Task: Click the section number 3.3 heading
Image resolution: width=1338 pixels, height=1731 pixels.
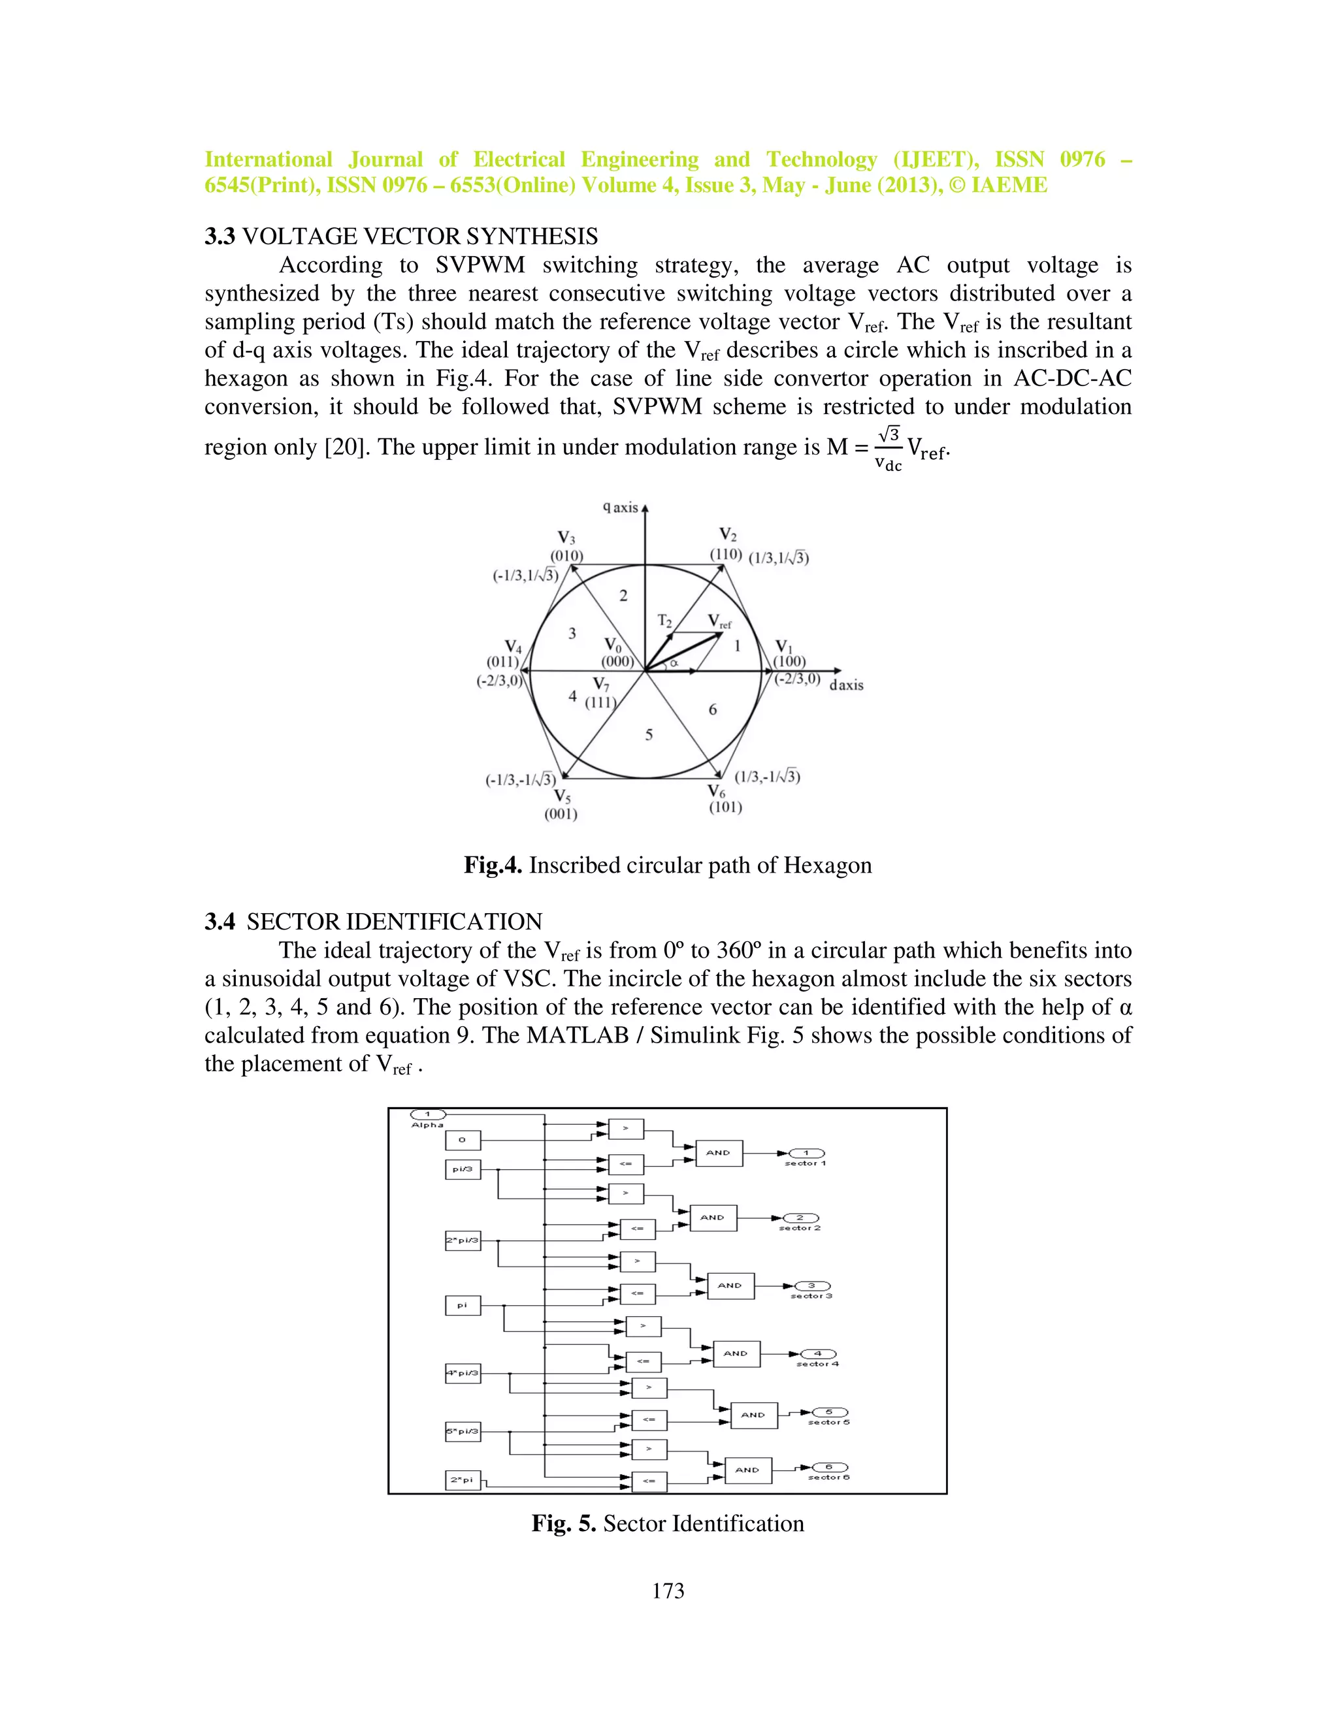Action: pyautogui.click(x=220, y=236)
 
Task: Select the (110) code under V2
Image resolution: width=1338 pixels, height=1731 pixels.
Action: pyautogui.click(x=725, y=554)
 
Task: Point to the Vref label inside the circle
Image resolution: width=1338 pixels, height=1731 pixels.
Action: pyautogui.click(x=719, y=621)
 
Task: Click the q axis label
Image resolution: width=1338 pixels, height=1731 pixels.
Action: pyautogui.click(x=621, y=508)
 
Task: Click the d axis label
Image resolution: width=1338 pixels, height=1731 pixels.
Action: pyautogui.click(x=846, y=685)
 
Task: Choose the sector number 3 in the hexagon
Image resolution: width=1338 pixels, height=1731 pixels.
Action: pyautogui.click(x=572, y=633)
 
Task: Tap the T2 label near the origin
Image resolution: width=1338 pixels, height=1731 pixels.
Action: pyautogui.click(x=664, y=621)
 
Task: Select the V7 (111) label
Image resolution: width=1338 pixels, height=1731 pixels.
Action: pyautogui.click(x=600, y=692)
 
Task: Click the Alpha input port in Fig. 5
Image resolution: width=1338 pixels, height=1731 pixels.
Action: pyautogui.click(x=427, y=1114)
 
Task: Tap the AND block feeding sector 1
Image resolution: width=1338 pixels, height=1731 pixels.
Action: pyautogui.click(x=718, y=1152)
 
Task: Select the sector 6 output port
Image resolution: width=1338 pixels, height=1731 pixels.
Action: pyautogui.click(x=829, y=1467)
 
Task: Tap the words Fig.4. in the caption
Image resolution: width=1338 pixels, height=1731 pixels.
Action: pyautogui.click(x=492, y=865)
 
